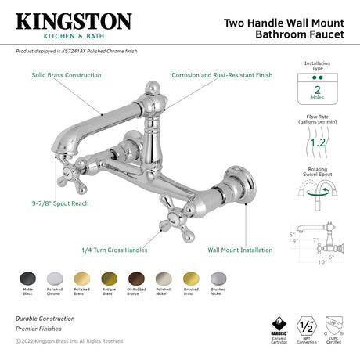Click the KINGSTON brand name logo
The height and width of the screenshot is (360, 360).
[74, 21]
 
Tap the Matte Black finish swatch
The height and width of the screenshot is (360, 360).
[26, 279]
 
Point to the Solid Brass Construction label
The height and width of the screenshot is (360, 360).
[67, 75]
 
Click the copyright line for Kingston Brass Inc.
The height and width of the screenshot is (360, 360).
[70, 341]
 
